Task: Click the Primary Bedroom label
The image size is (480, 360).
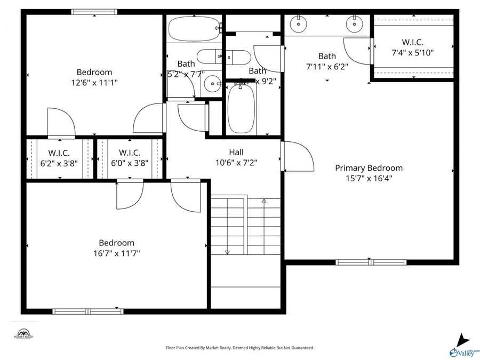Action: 369,168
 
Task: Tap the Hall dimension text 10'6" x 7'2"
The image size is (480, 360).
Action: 236,163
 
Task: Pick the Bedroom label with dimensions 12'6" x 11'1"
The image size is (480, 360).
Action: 94,73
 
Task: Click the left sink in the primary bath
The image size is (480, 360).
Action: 298,23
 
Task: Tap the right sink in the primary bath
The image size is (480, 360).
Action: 353,23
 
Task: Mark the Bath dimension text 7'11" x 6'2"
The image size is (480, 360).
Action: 327,67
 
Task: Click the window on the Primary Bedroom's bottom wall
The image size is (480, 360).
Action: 371,262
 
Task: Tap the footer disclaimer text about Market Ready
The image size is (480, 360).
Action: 240,348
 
